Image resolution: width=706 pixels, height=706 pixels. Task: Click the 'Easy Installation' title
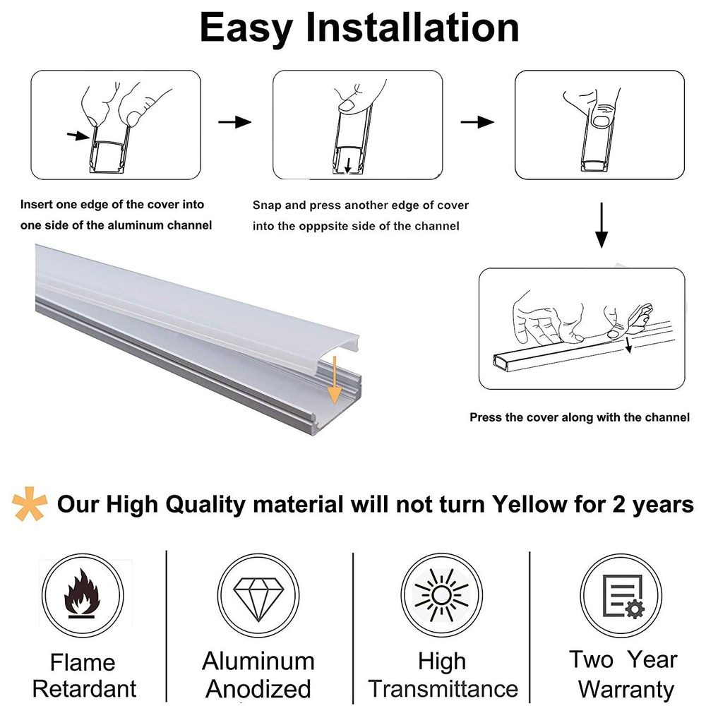359,28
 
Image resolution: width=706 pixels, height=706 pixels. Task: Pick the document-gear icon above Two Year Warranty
621,595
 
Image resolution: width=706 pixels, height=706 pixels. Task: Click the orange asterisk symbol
30,504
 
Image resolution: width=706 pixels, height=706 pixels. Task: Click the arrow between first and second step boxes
234,122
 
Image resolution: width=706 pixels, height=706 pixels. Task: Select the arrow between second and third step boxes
477,122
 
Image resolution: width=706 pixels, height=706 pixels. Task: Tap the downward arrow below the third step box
601,225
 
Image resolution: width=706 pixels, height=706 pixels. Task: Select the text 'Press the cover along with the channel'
579,417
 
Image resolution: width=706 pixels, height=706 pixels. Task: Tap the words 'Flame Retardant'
84,675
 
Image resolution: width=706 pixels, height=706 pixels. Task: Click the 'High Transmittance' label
443,674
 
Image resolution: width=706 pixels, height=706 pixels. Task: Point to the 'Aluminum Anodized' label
258,674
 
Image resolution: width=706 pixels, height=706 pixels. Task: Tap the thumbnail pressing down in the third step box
601,121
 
